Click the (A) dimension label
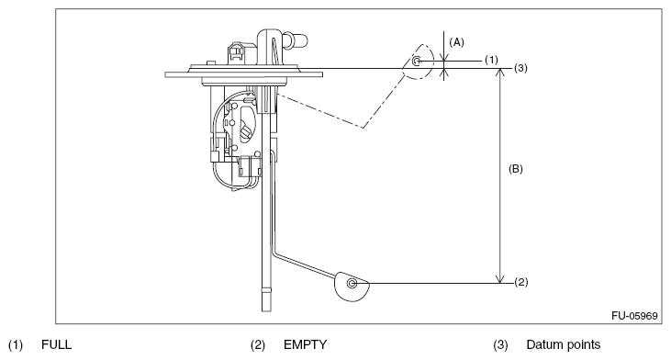(x=456, y=42)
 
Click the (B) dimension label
(x=515, y=169)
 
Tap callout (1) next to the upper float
(x=491, y=60)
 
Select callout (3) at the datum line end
(x=520, y=68)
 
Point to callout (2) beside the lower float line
(x=520, y=283)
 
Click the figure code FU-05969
(x=634, y=316)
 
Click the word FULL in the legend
(x=57, y=344)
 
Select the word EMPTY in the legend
(x=305, y=344)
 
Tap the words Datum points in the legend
(x=564, y=344)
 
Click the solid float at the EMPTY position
(x=351, y=287)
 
